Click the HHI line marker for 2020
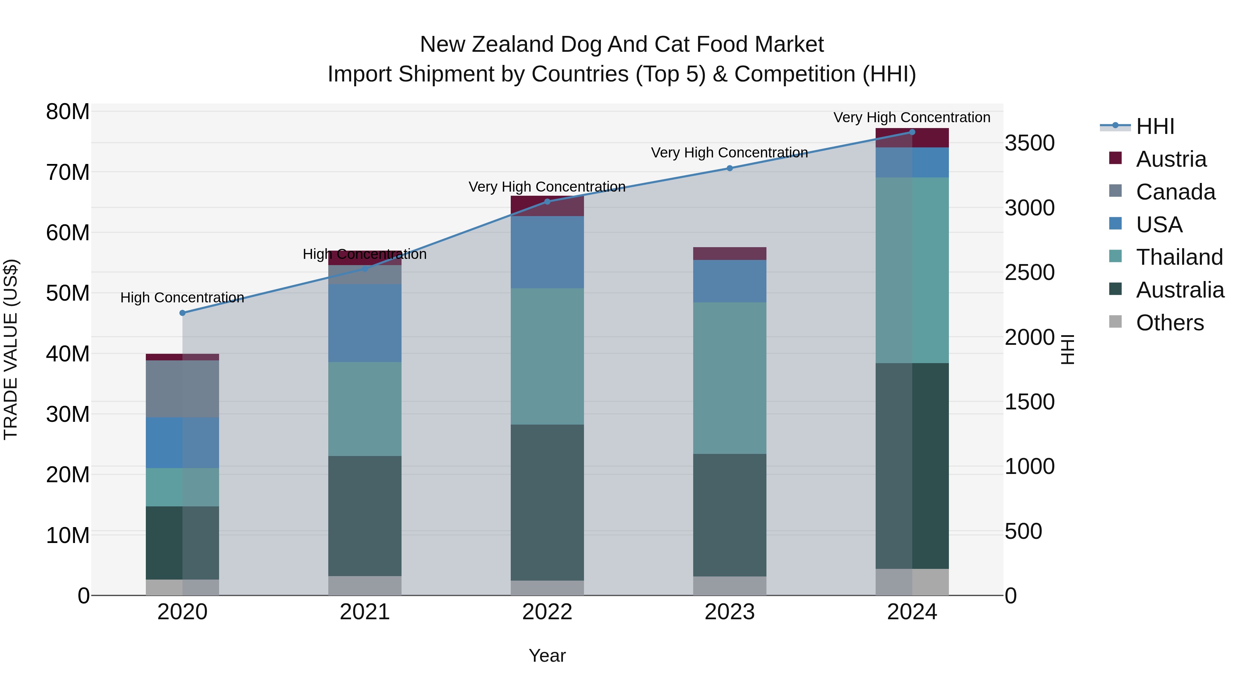(182, 313)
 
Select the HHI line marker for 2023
(730, 168)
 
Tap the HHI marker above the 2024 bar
(912, 132)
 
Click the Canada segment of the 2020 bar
(182, 389)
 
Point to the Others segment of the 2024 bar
(912, 582)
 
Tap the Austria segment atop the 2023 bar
(730, 254)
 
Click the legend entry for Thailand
(1179, 257)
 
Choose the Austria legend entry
(1171, 159)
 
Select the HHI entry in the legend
(1155, 126)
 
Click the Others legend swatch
(1115, 322)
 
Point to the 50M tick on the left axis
(68, 293)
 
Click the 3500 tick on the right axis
(1030, 143)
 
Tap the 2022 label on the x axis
(547, 612)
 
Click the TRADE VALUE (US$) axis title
(11, 350)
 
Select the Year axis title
(547, 656)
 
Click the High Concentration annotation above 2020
(182, 298)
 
